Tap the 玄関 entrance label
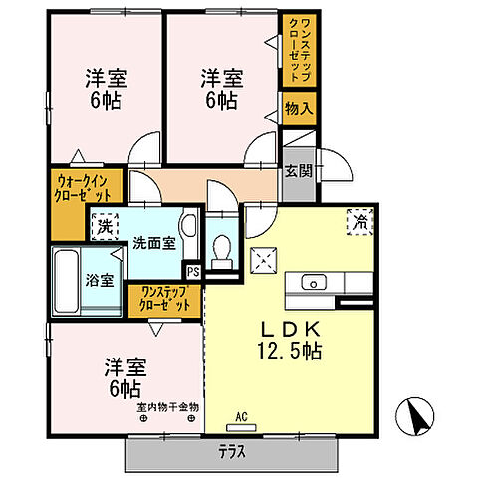(x=297, y=170)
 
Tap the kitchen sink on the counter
(x=310, y=282)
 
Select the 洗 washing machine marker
(x=104, y=227)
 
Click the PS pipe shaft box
(x=194, y=268)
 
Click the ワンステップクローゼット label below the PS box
(x=164, y=299)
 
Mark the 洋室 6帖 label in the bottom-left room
(x=123, y=376)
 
